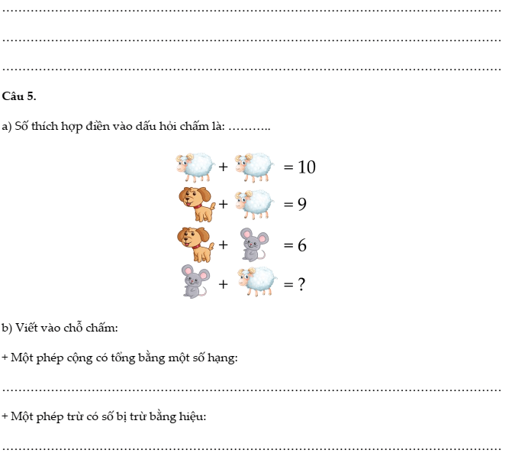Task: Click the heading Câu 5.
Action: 19,96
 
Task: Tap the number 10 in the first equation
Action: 307,167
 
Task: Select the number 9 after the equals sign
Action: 302,204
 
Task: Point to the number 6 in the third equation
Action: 302,244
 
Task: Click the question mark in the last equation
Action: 301,284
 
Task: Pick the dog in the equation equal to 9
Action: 196,204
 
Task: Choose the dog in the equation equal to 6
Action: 196,244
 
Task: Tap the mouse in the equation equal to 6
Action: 254,244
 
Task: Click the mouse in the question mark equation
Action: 195,281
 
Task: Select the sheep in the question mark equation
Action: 257,281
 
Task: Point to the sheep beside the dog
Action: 254,205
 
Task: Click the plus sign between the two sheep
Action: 223,167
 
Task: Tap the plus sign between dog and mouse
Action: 223,244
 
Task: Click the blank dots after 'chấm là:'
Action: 250,129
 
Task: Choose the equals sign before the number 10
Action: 288,167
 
